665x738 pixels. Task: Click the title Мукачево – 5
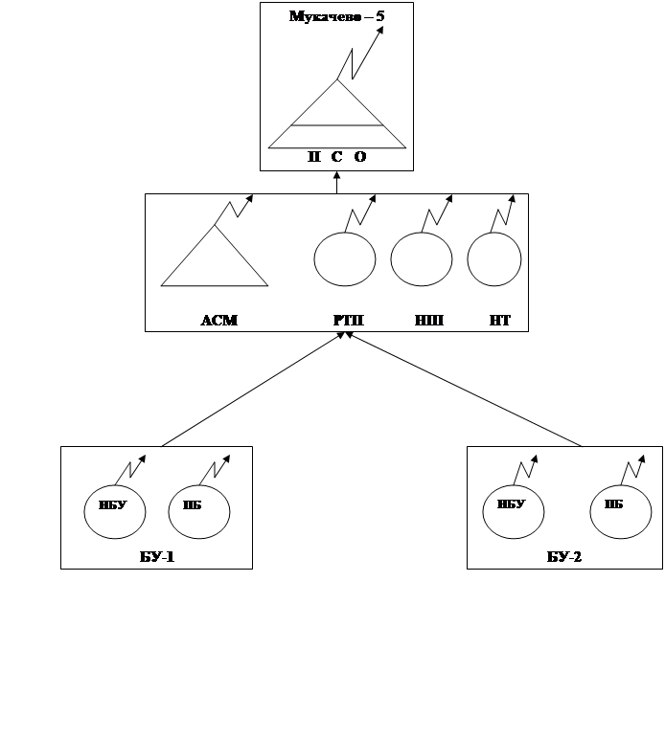point(337,16)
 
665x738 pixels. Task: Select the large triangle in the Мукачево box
point(337,120)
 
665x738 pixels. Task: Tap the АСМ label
point(218,321)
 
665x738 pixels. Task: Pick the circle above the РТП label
point(345,258)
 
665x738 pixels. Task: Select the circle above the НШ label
point(422,258)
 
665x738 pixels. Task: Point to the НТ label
point(500,321)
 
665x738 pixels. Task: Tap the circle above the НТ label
point(494,258)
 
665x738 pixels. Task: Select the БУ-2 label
point(563,556)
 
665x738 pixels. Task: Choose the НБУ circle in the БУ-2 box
point(515,509)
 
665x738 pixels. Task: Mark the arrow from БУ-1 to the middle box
point(254,390)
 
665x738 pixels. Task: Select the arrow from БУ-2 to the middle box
point(465,390)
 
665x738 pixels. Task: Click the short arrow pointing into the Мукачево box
point(337,182)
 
